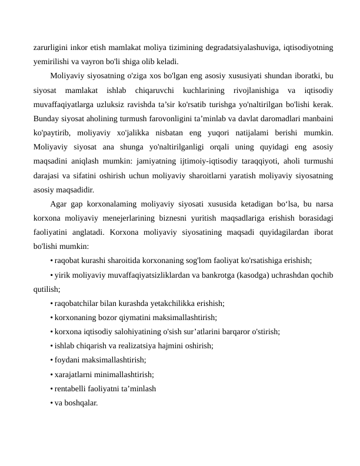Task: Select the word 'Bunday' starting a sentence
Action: click(x=48, y=119)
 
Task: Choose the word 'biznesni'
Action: click(x=181, y=218)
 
